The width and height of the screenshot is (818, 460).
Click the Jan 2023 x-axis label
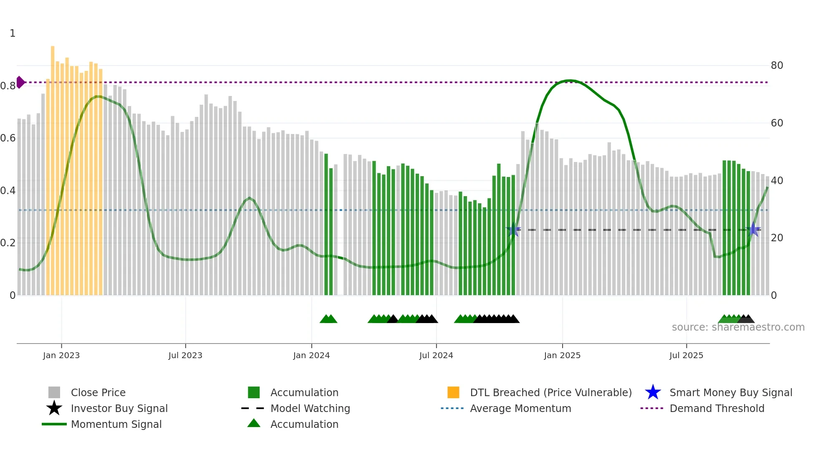pyautogui.click(x=61, y=355)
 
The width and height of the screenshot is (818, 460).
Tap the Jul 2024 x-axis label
pyautogui.click(x=436, y=355)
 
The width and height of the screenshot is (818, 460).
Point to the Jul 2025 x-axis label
pyautogui.click(x=686, y=355)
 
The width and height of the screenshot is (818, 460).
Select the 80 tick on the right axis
pyautogui.click(x=777, y=66)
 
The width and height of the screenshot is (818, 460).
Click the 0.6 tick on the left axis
pyautogui.click(x=8, y=138)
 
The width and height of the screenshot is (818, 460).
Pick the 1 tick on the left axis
pyautogui.click(x=13, y=33)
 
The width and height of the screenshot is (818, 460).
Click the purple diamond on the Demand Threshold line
pyautogui.click(x=20, y=82)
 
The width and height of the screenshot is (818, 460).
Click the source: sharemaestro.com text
pyautogui.click(x=738, y=327)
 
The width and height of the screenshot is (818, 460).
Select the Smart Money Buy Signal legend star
pyautogui.click(x=653, y=392)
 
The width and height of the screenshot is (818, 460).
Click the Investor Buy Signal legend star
pyautogui.click(x=54, y=408)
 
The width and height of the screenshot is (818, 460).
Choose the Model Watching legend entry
pyautogui.click(x=310, y=408)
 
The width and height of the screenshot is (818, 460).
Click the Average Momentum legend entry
pyautogui.click(x=520, y=408)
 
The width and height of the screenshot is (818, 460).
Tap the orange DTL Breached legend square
pyautogui.click(x=453, y=392)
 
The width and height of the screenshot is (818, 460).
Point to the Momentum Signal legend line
pyautogui.click(x=54, y=424)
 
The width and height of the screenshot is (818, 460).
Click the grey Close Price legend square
pyautogui.click(x=54, y=392)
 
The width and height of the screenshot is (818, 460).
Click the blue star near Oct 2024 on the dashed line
pyautogui.click(x=514, y=230)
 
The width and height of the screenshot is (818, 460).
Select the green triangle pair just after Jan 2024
pyautogui.click(x=328, y=319)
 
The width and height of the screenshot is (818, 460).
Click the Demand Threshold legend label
pyautogui.click(x=717, y=408)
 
